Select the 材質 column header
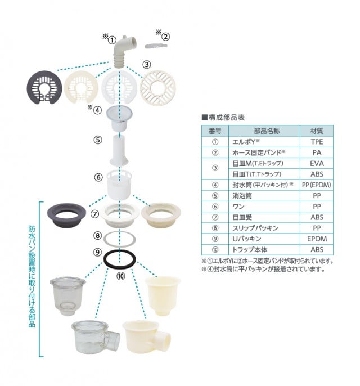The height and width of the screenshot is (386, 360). click(x=317, y=130)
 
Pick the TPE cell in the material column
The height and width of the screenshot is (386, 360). click(x=317, y=141)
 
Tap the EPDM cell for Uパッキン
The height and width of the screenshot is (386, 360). click(x=317, y=239)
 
